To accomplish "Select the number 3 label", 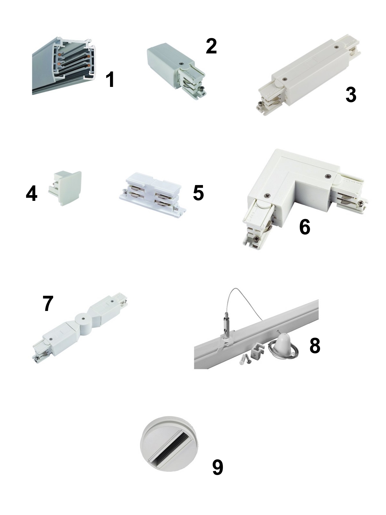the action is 351,94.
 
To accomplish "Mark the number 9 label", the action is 218,467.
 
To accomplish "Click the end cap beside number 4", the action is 65,188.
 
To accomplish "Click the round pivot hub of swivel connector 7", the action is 83,320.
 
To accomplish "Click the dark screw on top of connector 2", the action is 180,63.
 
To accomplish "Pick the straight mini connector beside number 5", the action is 152,195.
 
